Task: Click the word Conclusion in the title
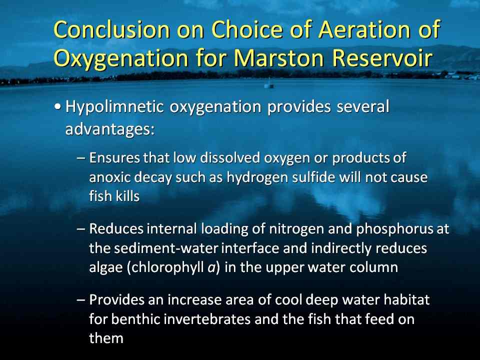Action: pos(111,29)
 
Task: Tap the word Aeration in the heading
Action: pos(364,29)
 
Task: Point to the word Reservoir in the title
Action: pos(382,57)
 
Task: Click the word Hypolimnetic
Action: pos(115,107)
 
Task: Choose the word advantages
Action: pos(109,128)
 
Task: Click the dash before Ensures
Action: pos(81,158)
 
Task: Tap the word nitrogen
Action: pos(295,229)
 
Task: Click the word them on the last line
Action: pos(106,338)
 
